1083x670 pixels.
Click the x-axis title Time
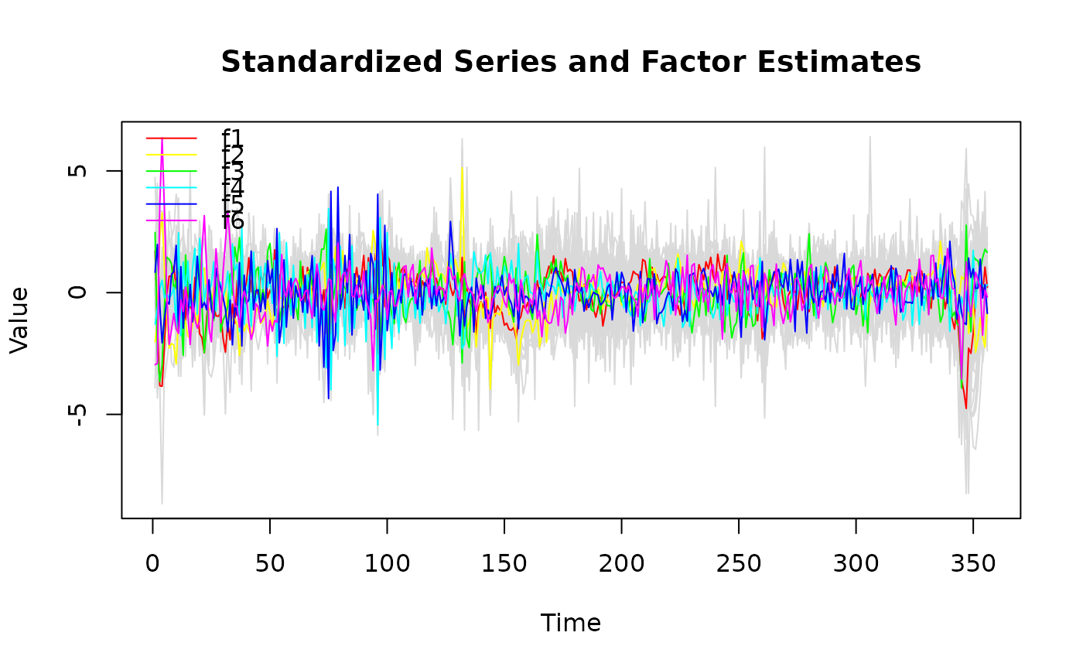click(x=571, y=623)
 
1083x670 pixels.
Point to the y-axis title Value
click(x=20, y=320)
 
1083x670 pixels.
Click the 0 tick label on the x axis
click(x=152, y=564)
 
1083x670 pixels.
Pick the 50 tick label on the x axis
click(x=270, y=564)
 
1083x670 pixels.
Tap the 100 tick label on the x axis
click(x=387, y=564)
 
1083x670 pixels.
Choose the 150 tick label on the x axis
click(x=504, y=564)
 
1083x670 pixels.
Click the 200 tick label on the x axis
click(x=621, y=564)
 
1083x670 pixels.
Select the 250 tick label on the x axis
click(x=739, y=564)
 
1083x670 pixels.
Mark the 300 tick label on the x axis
click(x=856, y=564)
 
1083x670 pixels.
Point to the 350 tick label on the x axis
click(x=973, y=564)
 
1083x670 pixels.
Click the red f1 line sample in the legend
click(x=171, y=138)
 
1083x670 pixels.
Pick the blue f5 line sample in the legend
click(x=171, y=204)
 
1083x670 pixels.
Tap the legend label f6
click(x=233, y=221)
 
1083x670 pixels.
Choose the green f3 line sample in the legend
click(x=171, y=171)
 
